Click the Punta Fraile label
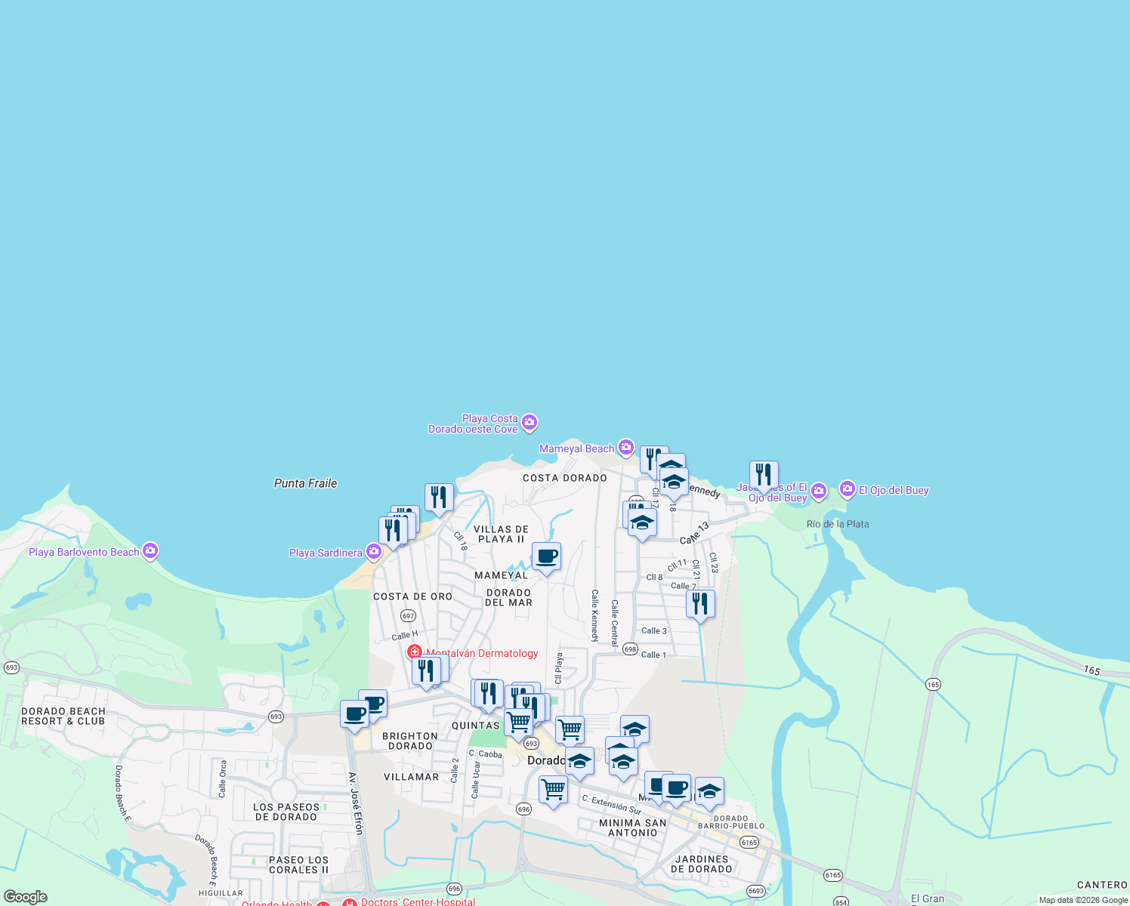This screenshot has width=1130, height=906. (305, 483)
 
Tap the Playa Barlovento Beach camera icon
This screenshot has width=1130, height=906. (150, 551)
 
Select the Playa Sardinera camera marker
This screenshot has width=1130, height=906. (373, 552)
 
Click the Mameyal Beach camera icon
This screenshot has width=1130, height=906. (626, 448)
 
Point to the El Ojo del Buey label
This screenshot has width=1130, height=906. (894, 490)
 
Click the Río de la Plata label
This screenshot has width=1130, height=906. (838, 524)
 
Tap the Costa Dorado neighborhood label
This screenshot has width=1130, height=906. (565, 478)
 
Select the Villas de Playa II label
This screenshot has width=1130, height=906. (502, 535)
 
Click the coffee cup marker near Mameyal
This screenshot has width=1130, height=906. (546, 557)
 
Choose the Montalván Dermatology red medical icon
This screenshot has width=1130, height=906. (415, 652)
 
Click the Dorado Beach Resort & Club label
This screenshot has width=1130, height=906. (63, 716)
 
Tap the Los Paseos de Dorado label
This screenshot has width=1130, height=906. (286, 812)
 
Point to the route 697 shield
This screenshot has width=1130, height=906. (409, 616)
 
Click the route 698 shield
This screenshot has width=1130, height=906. (630, 649)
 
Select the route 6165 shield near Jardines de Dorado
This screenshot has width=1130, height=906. (749, 842)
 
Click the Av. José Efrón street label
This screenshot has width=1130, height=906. (356, 803)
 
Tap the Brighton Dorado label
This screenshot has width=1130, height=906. (410, 741)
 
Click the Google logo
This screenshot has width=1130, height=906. (26, 897)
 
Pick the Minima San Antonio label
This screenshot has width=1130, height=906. (633, 828)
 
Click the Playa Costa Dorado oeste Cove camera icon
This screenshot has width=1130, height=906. (529, 423)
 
